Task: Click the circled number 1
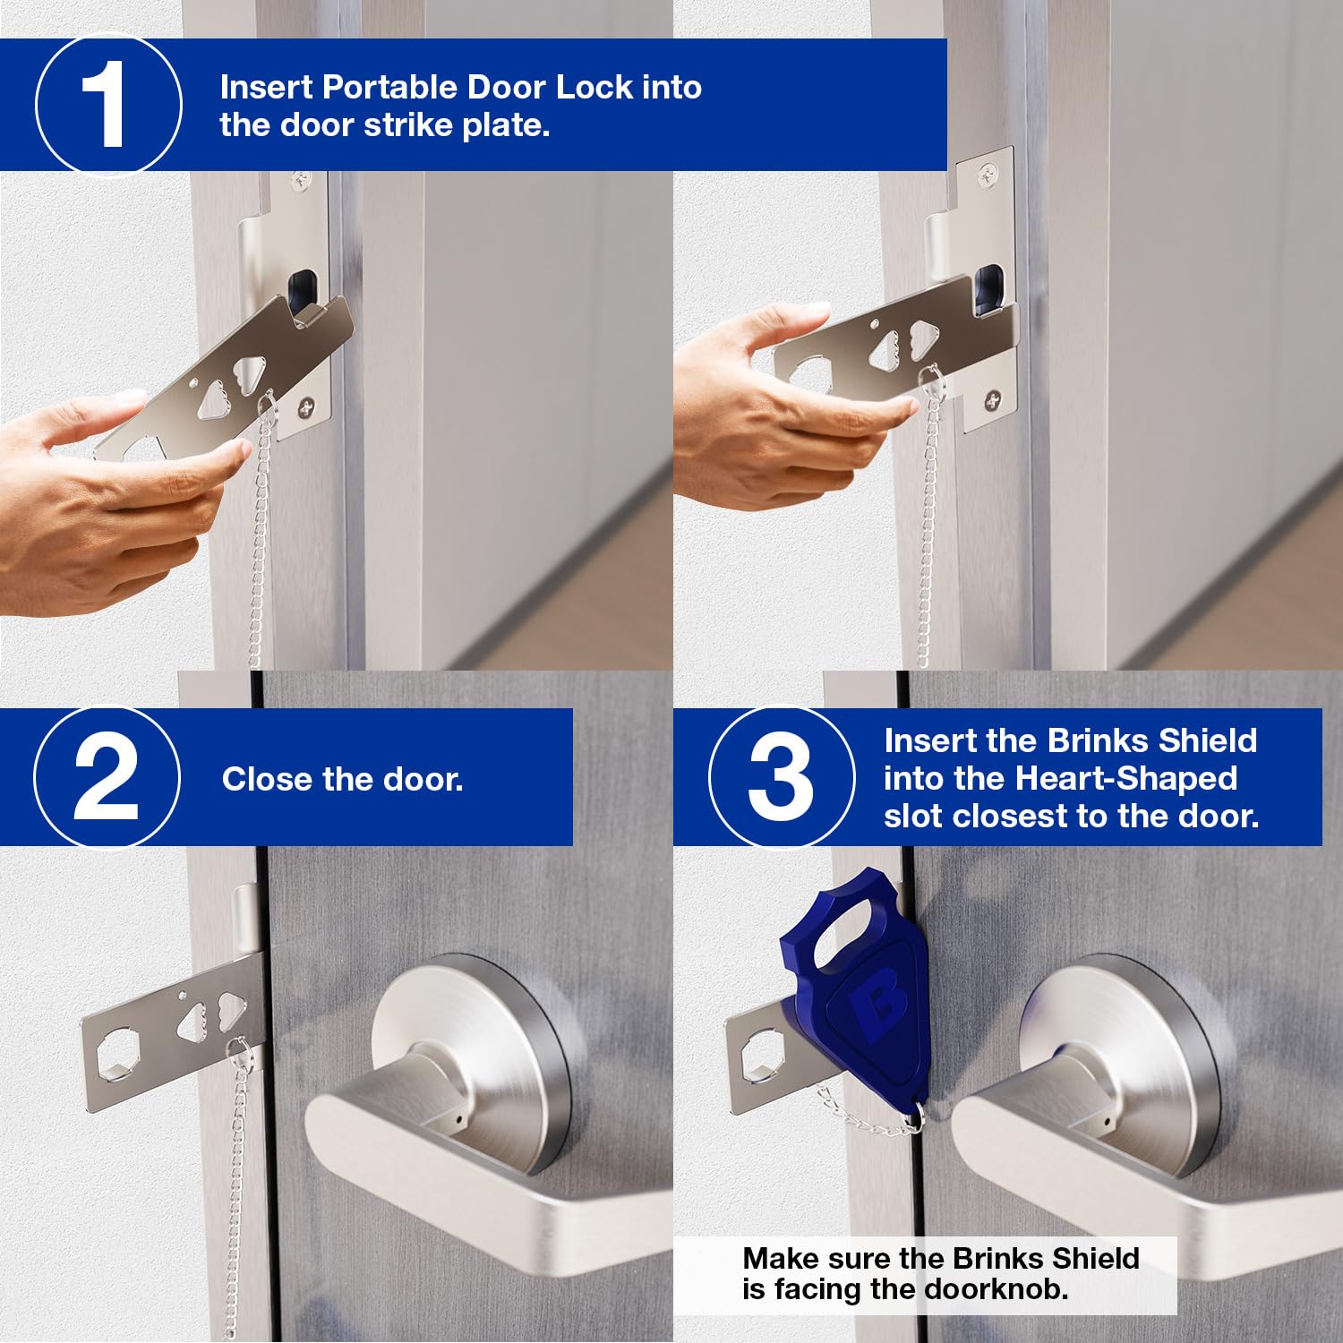[108, 106]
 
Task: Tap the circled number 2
[107, 776]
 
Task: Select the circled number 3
[782, 776]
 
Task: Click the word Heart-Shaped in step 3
[1126, 779]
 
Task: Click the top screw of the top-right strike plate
[986, 175]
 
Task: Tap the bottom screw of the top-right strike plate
[993, 399]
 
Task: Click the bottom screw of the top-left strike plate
[306, 407]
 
